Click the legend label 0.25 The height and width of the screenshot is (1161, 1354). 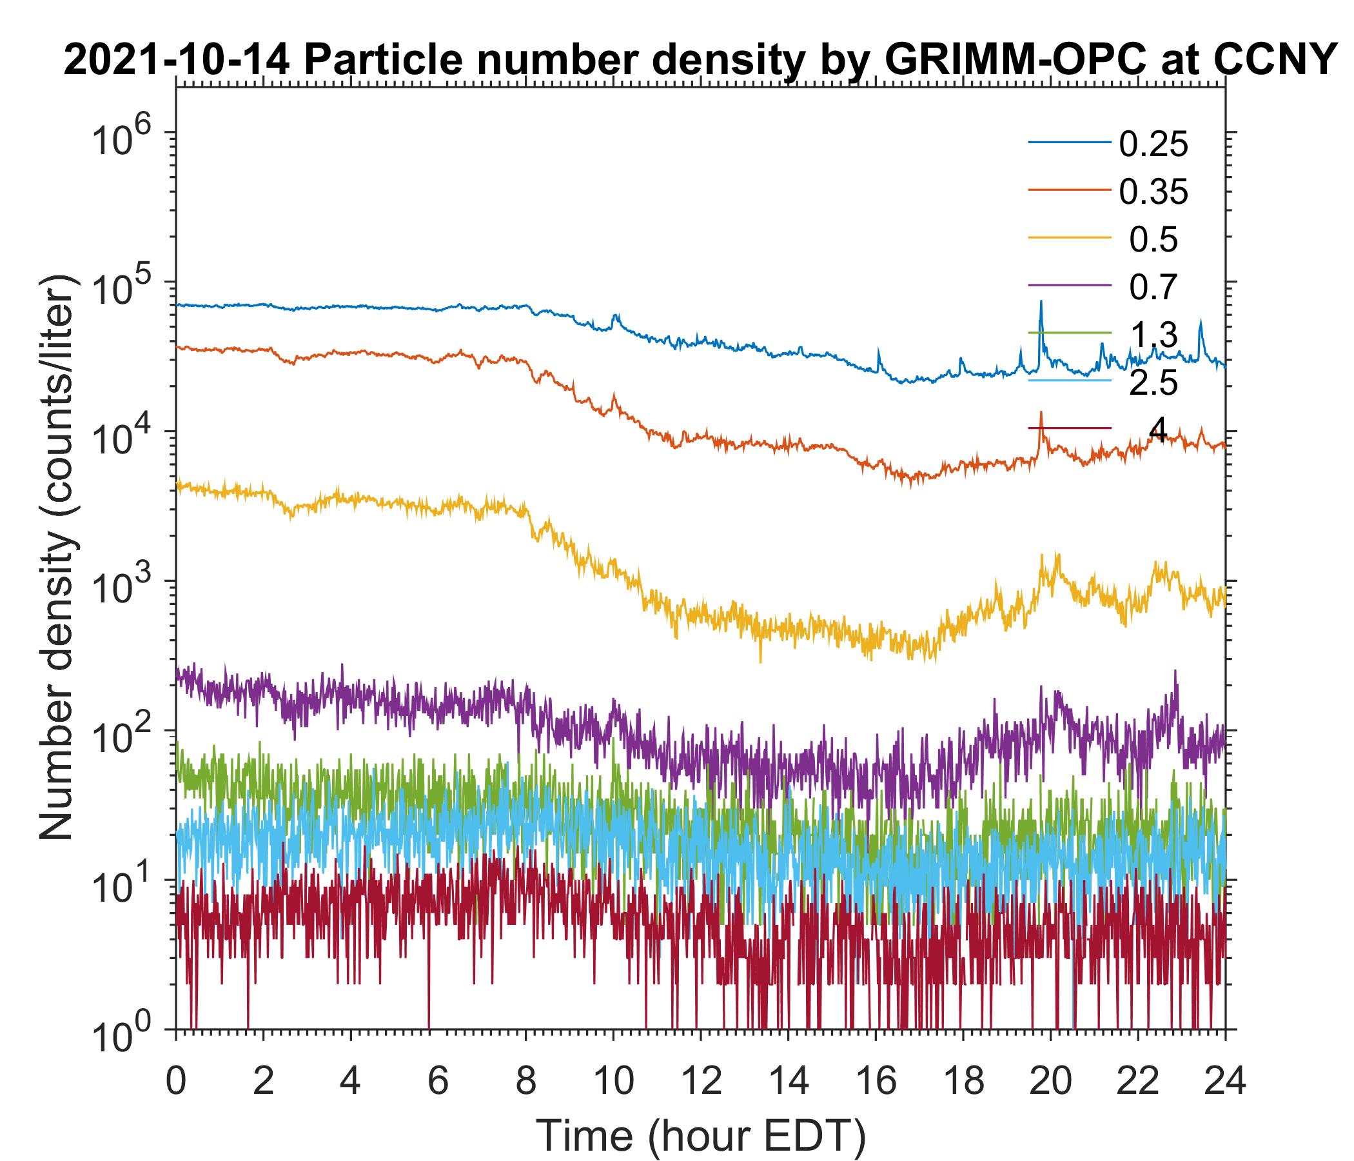(1153, 144)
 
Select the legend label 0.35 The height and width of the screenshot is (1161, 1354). (1153, 192)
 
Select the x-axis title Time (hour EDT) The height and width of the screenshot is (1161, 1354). (700, 1136)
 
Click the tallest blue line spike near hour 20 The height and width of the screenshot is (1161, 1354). (1041, 303)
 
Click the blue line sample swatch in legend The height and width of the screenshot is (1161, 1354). (1069, 143)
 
